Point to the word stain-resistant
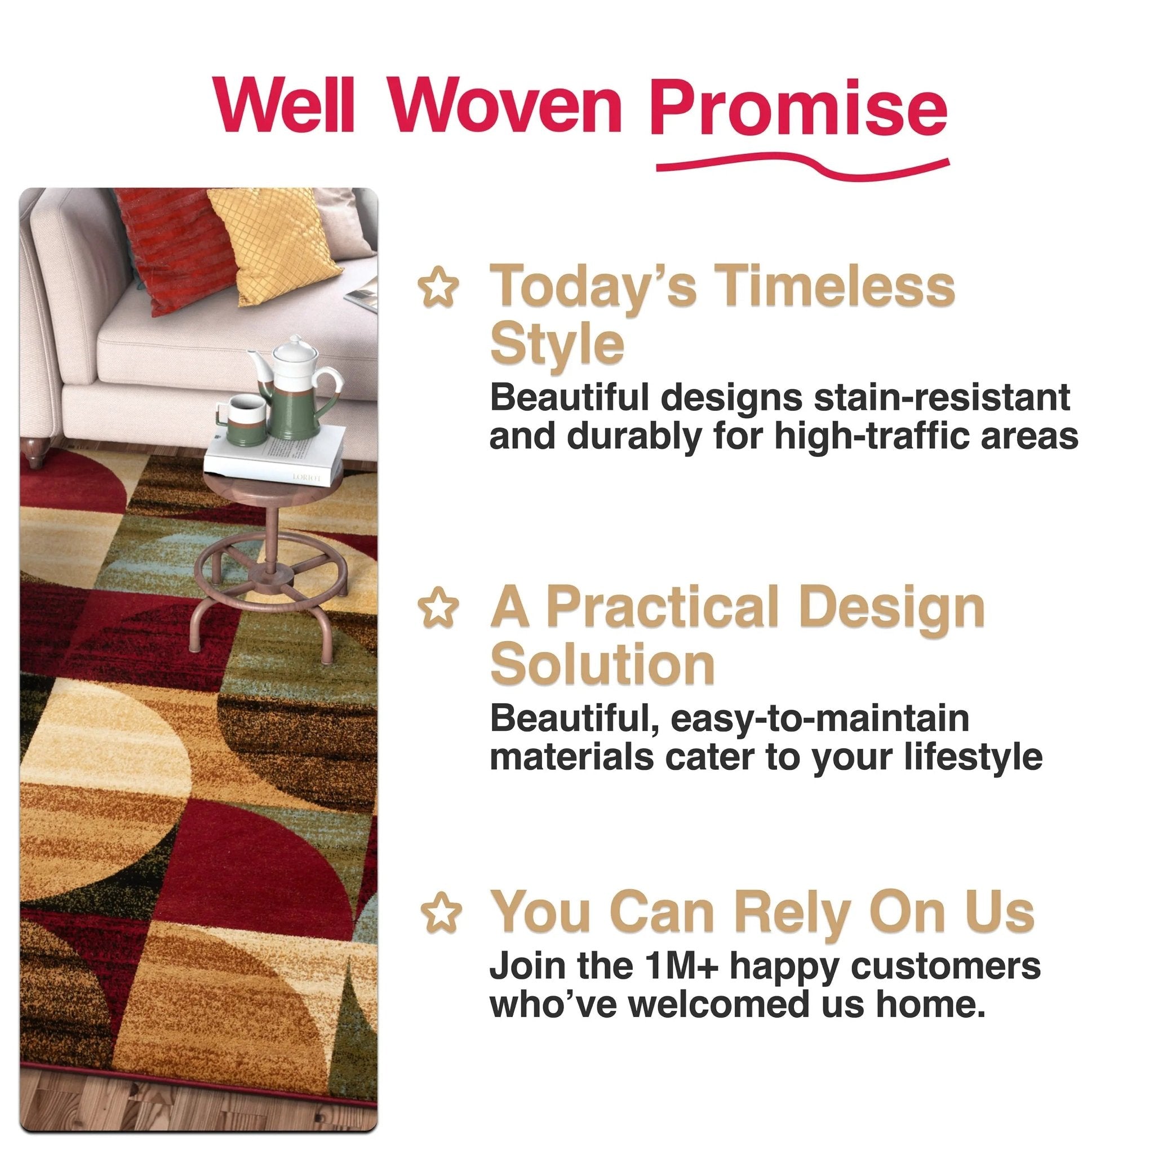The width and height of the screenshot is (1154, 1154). [x=943, y=397]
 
